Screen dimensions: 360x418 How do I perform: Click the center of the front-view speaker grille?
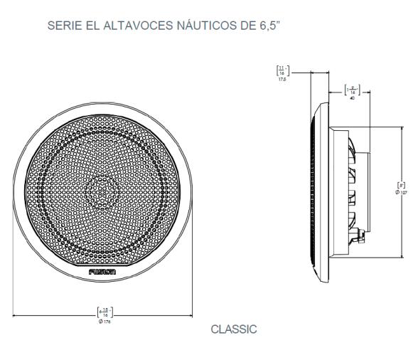[103, 191]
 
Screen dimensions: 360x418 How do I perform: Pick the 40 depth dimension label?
[349, 98]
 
